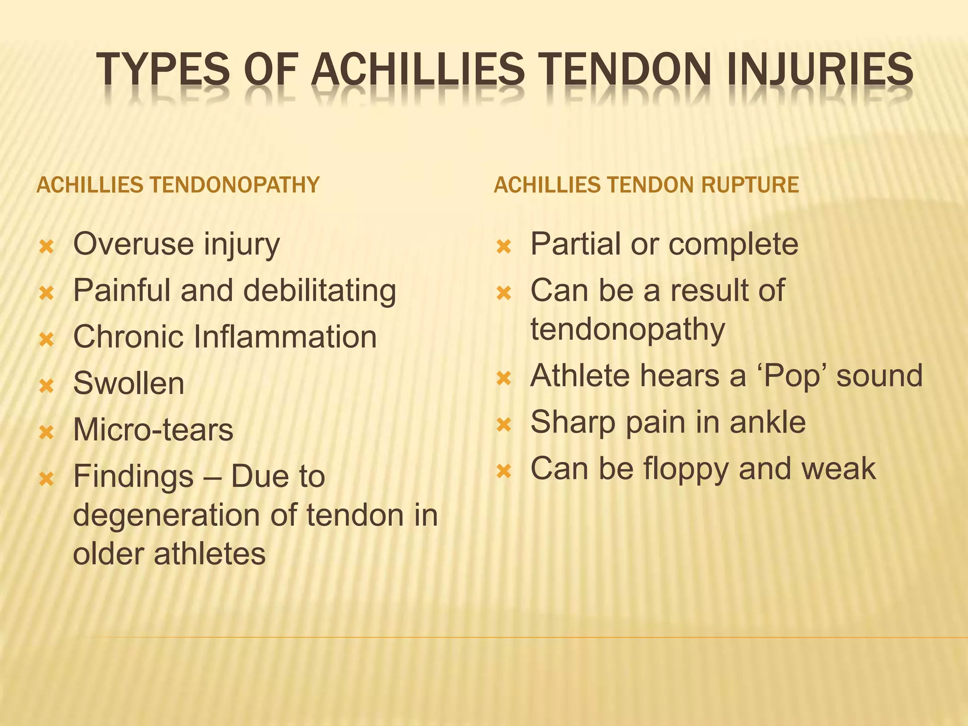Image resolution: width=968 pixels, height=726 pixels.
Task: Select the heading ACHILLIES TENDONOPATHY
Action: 178,185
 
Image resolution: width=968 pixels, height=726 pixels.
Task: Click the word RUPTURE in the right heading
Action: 750,185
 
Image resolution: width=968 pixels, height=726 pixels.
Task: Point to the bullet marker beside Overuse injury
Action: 47,247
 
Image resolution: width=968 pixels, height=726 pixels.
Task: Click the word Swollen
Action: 129,383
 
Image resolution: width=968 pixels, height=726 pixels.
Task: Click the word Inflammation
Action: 285,337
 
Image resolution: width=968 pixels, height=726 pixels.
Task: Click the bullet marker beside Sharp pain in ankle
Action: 504,424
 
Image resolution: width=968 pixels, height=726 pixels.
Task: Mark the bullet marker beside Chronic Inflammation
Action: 47,339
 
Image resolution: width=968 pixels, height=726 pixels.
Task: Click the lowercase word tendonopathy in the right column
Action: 628,329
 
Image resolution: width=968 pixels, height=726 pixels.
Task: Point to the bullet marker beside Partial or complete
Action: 504,247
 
